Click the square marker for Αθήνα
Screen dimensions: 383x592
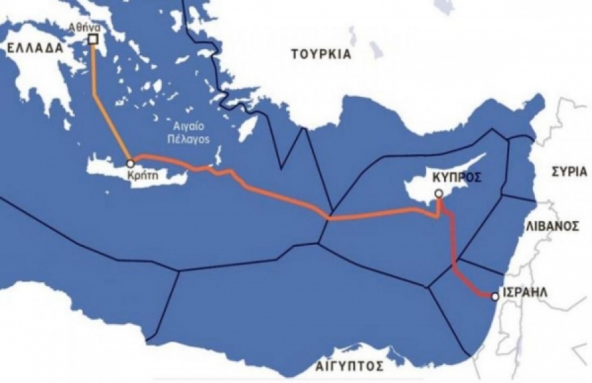93,39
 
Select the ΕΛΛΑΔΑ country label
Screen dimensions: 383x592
30,48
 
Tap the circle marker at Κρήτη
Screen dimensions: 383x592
130,162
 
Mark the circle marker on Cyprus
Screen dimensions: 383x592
438,193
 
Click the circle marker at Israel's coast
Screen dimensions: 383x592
495,296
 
